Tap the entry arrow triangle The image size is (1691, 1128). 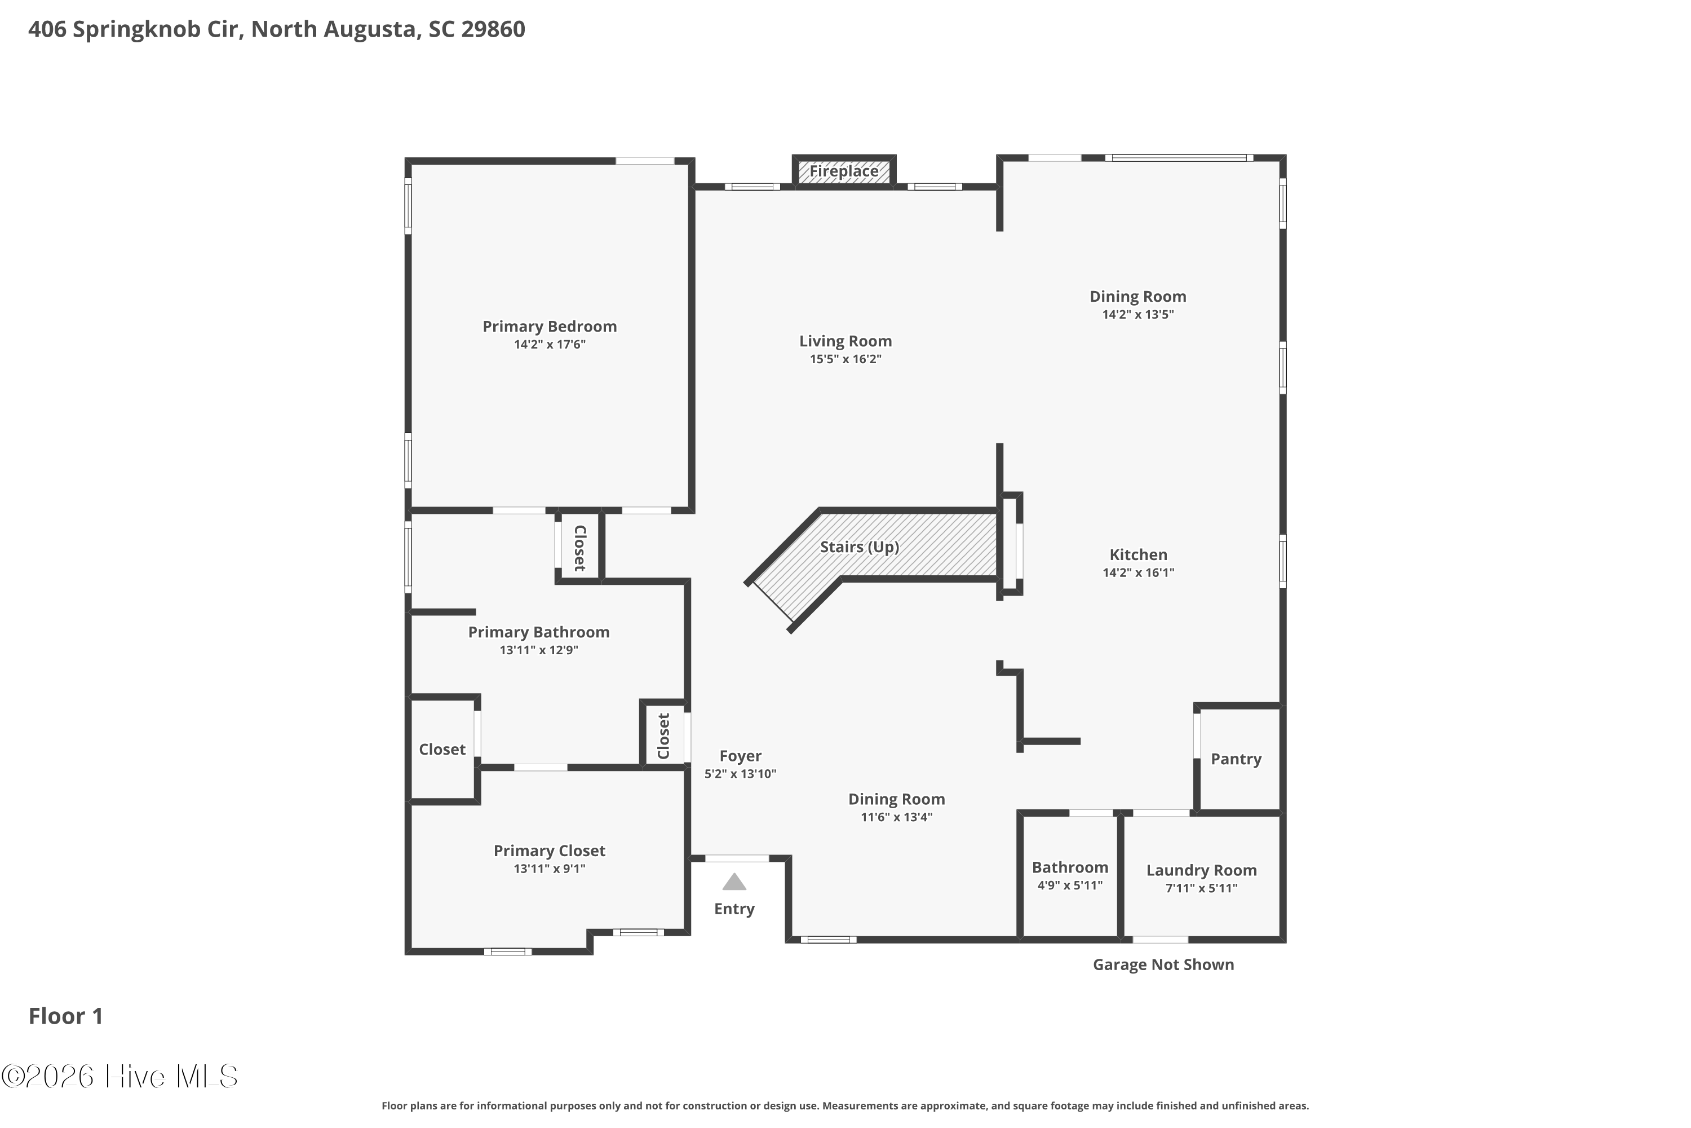click(x=734, y=882)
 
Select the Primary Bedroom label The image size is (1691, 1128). click(x=549, y=327)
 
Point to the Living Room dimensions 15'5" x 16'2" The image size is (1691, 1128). click(x=845, y=359)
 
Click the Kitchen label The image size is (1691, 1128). click(x=1138, y=554)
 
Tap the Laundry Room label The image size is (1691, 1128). click(x=1201, y=870)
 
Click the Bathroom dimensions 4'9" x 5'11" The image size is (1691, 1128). click(x=1070, y=885)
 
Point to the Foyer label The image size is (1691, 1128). click(x=741, y=756)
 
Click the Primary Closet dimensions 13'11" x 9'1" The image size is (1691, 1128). click(x=549, y=869)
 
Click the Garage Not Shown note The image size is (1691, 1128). click(x=1163, y=964)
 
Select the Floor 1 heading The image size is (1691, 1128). click(x=65, y=1016)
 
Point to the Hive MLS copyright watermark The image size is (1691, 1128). click(x=119, y=1076)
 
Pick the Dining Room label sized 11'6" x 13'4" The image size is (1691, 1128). click(x=897, y=799)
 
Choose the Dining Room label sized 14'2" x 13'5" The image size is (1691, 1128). click(x=1137, y=297)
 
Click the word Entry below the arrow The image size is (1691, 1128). click(x=734, y=909)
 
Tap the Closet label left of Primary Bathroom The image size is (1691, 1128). click(x=442, y=750)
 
